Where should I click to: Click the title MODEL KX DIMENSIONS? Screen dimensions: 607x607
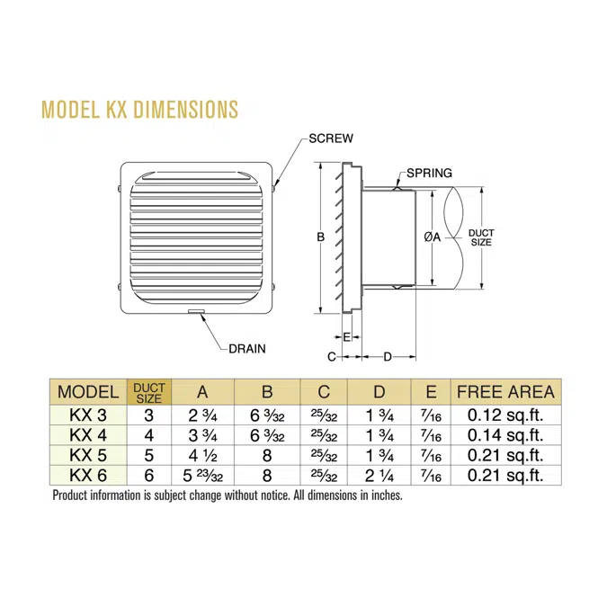point(140,110)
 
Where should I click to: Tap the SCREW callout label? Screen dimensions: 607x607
point(330,138)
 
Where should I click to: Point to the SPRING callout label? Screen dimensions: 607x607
point(429,173)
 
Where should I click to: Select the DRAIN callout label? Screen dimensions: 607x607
point(247,348)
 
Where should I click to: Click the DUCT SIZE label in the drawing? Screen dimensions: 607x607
point(481,237)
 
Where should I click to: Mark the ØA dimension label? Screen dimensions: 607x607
point(432,237)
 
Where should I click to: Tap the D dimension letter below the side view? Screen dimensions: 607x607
point(388,357)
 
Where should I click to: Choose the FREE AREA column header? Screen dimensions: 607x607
point(505,392)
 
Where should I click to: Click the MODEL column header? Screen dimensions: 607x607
point(87,392)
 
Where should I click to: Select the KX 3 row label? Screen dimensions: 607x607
point(87,415)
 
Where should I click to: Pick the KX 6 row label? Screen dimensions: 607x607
point(87,475)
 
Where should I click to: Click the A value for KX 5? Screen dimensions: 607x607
point(201,455)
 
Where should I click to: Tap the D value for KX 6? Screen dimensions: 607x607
point(379,475)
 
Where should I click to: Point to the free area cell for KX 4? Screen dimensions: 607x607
point(505,435)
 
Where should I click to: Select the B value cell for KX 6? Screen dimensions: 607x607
point(266,475)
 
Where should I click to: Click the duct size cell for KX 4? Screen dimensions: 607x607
point(148,435)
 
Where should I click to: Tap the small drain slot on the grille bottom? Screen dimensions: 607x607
point(196,313)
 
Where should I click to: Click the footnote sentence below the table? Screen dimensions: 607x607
point(227,495)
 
